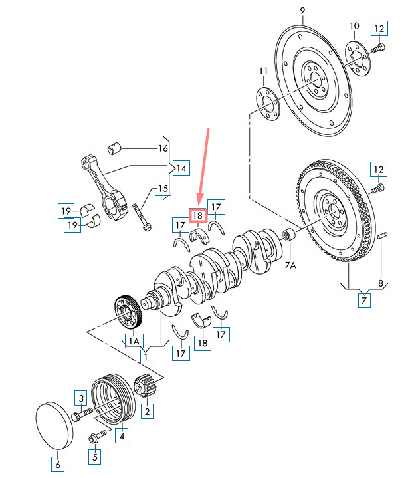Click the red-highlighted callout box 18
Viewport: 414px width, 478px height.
tap(198, 215)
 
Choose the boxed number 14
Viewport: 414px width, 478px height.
tap(181, 167)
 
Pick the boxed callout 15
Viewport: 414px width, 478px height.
tap(163, 189)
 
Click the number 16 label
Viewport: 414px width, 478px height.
tap(163, 148)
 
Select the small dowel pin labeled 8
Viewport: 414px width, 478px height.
tap(383, 236)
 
